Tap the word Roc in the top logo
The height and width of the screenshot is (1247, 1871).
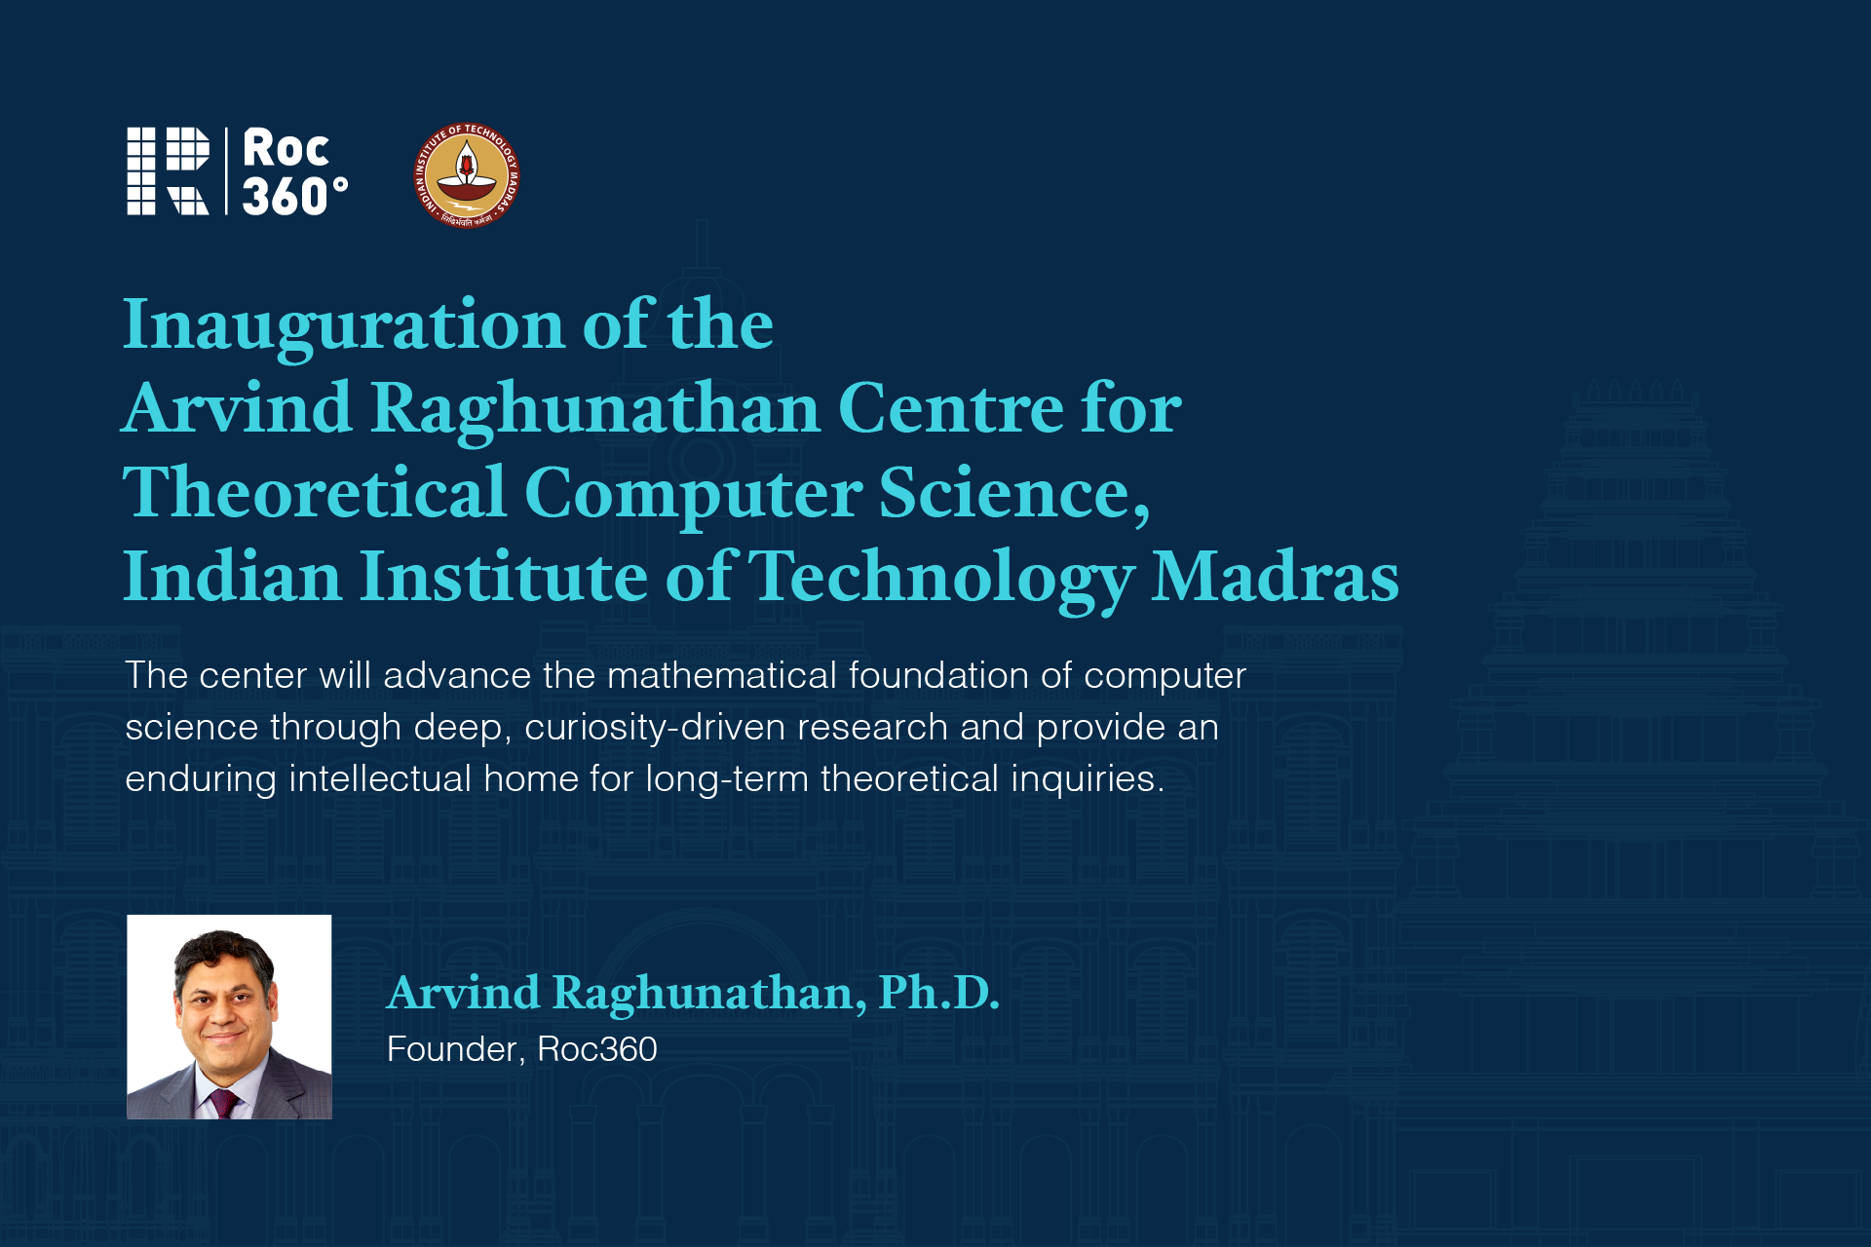tap(286, 149)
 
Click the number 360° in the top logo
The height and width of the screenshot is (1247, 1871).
tap(294, 196)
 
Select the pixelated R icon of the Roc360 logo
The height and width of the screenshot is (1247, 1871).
tap(168, 170)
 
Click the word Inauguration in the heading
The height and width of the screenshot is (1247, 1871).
tap(344, 327)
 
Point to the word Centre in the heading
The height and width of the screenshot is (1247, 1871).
tap(951, 408)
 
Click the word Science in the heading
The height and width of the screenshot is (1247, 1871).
tap(1014, 493)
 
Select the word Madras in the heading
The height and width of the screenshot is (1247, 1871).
tap(1275, 577)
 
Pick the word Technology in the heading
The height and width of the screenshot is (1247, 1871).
tap(941, 581)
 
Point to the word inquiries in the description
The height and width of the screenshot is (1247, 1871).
tap(1088, 779)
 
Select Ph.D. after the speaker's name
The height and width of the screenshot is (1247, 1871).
tap(938, 993)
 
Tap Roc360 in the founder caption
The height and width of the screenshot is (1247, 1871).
tap(597, 1049)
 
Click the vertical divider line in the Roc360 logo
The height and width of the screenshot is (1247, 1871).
tap(226, 170)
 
